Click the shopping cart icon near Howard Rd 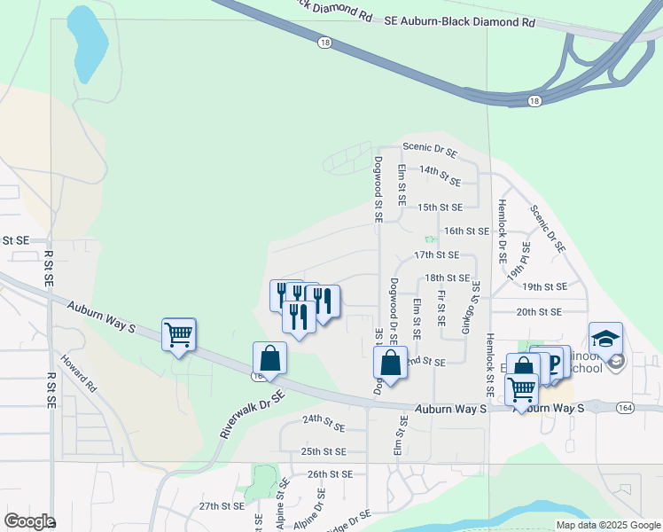point(178,335)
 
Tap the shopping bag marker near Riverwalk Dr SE point(269,359)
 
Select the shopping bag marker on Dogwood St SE point(390,363)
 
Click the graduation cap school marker point(605,340)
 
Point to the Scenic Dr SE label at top point(430,152)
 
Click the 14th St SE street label point(441,175)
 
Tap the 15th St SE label point(441,207)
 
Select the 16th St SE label point(466,231)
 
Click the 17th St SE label point(435,254)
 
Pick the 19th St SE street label point(544,287)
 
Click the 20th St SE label point(539,312)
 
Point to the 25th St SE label point(323,451)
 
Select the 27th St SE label point(221,506)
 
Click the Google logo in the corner point(28,521)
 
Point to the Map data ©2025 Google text point(607,525)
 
